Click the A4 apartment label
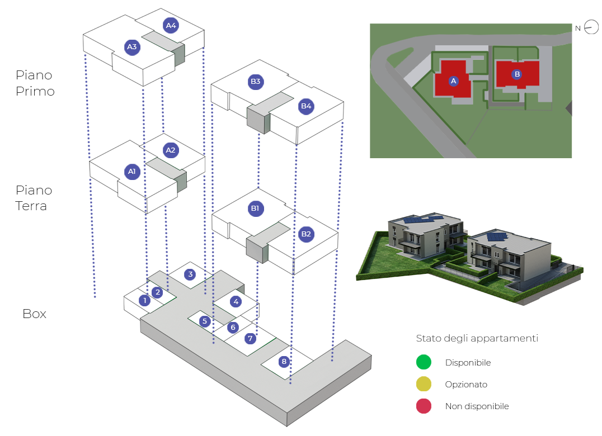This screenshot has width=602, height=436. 171,25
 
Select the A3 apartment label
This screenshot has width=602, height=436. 132,47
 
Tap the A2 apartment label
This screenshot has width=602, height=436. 171,150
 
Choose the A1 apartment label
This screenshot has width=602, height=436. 132,171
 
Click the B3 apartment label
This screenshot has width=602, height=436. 256,82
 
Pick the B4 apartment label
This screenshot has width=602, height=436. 306,106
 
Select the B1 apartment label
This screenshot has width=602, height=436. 255,208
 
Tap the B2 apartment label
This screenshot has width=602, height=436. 306,234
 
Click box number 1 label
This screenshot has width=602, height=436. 145,300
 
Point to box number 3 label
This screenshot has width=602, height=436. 191,274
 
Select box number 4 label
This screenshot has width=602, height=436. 236,301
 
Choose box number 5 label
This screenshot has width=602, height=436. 205,321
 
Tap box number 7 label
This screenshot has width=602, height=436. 250,339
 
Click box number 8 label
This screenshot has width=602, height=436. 284,362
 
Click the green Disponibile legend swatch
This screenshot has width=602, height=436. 424,362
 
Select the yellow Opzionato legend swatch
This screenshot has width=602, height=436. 424,385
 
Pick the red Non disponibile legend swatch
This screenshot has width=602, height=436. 424,406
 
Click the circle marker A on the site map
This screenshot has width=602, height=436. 454,81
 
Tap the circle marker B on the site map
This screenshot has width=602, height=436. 517,74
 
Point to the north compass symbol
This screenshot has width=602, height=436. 591,27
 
